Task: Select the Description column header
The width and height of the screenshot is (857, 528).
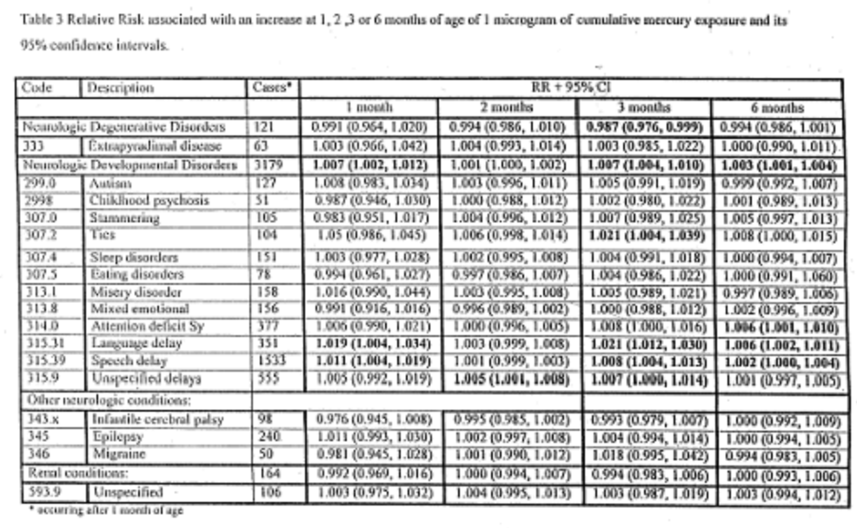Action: coord(119,88)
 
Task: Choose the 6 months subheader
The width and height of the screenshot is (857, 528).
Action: coord(777,108)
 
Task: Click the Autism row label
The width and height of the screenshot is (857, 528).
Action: coord(110,184)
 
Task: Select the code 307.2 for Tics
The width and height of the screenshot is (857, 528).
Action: coord(37,234)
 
